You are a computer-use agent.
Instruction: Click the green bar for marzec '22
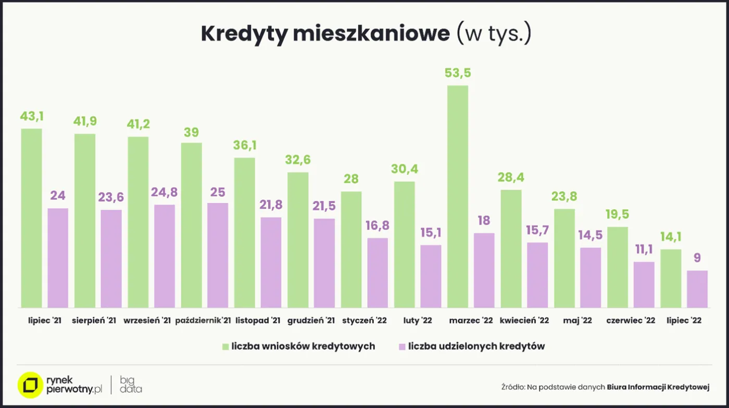point(458,196)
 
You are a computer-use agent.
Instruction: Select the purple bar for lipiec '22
point(697,289)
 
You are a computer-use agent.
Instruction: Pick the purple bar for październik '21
point(218,255)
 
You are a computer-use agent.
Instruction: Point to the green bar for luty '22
point(405,244)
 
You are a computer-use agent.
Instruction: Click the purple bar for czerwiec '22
point(644,284)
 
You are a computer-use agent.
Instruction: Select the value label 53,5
point(458,73)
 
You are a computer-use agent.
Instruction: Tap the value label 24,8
point(165,192)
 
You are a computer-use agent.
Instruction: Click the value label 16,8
point(378,226)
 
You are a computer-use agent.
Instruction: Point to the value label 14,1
point(671,237)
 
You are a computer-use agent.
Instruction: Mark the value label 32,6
point(298,160)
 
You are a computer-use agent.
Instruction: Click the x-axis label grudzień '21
point(311,321)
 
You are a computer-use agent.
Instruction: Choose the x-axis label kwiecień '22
point(524,321)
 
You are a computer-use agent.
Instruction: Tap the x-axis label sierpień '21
point(94,321)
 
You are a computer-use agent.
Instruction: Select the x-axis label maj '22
point(577,321)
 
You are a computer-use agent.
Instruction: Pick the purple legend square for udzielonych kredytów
point(401,347)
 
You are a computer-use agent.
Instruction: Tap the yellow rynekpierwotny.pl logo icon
point(30,385)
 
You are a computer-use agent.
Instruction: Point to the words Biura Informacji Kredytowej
point(658,387)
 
